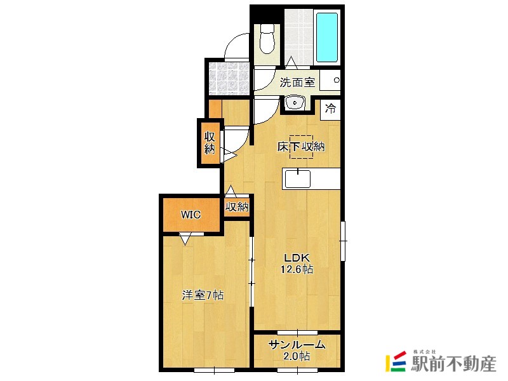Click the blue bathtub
point(327,37)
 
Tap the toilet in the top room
point(267,39)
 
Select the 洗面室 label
point(297,82)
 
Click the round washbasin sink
point(295,103)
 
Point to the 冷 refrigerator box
point(330,109)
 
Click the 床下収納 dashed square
point(301,147)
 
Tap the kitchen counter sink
point(297,179)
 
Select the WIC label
point(190,215)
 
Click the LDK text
point(297,258)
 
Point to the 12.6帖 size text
point(297,269)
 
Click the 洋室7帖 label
point(203,295)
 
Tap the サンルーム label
point(297,345)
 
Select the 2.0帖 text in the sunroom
point(297,356)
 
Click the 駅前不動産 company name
point(453,363)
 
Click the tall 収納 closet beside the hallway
point(210,142)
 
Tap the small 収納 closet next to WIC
point(237,207)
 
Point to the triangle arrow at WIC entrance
point(185,240)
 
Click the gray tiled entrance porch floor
point(229,77)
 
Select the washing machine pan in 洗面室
point(330,80)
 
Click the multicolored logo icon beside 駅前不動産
point(396,361)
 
